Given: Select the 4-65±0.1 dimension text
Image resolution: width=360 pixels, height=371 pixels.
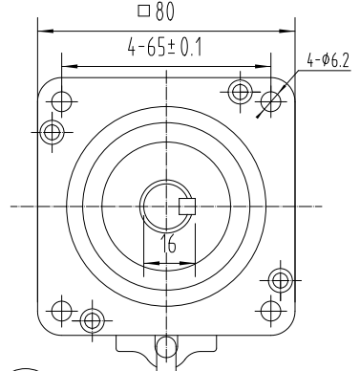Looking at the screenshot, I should point(163,49).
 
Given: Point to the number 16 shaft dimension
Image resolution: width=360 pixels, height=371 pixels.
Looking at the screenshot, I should point(168,244).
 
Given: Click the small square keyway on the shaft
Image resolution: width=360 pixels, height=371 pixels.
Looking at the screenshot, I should point(187,205).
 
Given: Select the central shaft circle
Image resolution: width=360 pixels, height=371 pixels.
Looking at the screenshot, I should point(166,205).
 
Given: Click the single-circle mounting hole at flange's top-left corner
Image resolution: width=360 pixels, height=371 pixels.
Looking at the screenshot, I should point(61,98).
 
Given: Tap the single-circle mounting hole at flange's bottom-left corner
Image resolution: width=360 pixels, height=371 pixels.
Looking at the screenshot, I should point(61,310).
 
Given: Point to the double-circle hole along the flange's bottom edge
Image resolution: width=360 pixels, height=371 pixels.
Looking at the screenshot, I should point(92,318).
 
